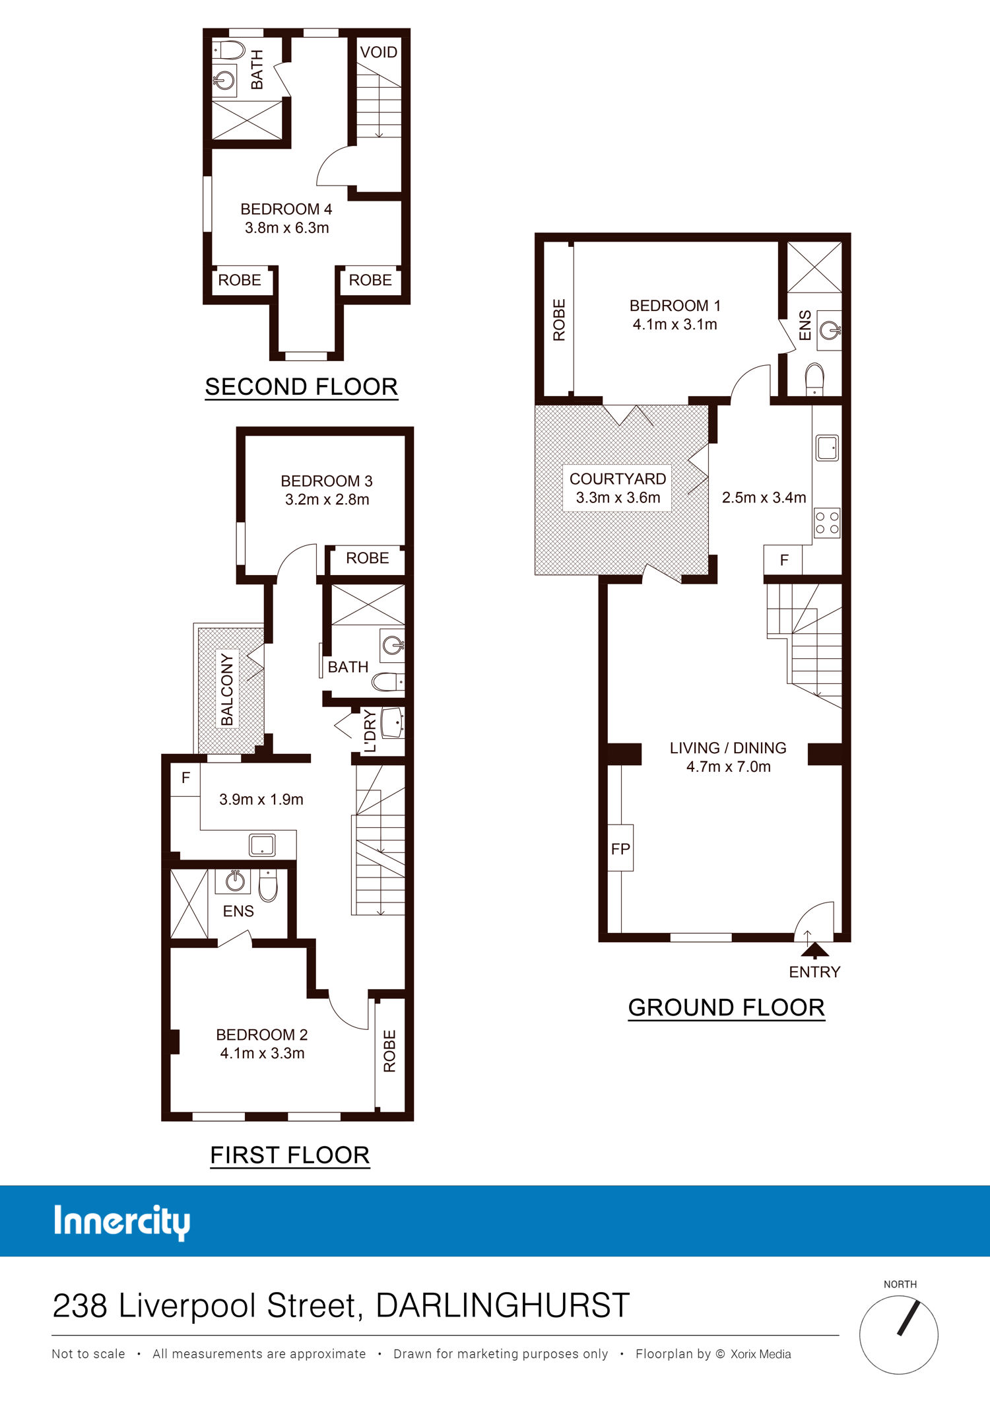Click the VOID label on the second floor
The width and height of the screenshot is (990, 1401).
click(379, 52)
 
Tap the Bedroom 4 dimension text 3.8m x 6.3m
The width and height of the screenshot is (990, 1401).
click(287, 228)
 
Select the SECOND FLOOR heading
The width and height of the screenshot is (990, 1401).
click(302, 386)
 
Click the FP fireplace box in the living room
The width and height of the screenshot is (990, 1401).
click(620, 848)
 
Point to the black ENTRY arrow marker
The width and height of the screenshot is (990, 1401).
click(815, 950)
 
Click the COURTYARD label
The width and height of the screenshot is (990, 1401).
click(618, 479)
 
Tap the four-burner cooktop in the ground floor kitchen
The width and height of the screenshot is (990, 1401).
click(827, 522)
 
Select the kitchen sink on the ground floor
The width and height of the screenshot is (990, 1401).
click(827, 448)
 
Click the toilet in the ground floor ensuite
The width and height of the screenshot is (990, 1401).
click(815, 379)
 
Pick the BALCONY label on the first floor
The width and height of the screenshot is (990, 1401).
click(227, 689)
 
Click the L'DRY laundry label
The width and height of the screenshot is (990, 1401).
click(370, 731)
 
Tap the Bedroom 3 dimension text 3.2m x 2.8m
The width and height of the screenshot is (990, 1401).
click(327, 499)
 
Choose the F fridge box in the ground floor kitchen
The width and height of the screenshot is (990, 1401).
click(783, 560)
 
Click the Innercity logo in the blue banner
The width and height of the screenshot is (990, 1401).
click(122, 1221)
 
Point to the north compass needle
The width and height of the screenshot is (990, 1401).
click(908, 1317)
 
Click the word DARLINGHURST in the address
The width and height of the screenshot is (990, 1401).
click(503, 1305)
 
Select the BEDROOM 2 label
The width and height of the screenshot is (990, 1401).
click(262, 1035)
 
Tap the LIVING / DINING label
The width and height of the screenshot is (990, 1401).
click(728, 748)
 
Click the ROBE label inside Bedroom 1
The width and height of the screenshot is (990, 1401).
click(559, 320)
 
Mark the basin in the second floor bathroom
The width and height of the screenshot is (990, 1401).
click(225, 81)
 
